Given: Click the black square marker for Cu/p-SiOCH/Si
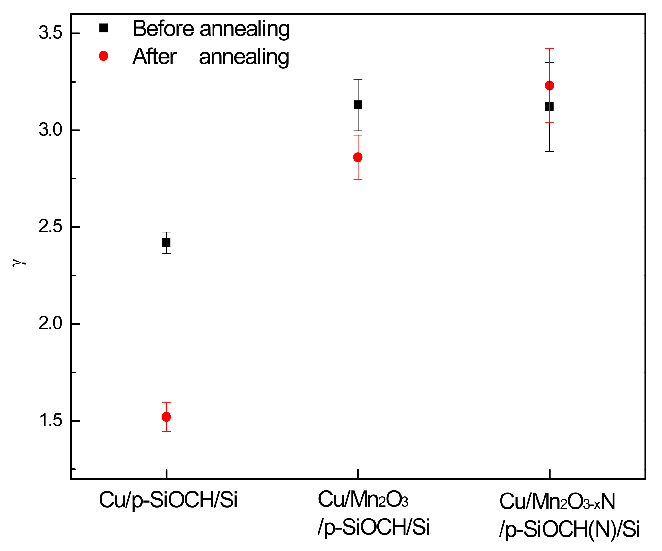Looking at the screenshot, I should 166,242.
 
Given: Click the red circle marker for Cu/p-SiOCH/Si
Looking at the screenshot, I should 166,417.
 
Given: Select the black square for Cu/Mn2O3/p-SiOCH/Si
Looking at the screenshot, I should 358,105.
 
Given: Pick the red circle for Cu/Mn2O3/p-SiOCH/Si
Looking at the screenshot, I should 358,157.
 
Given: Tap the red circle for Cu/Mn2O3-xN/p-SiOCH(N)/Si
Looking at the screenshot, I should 549,85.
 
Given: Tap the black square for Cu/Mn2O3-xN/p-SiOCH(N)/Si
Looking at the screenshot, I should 549,107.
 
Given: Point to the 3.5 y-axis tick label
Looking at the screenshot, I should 50,33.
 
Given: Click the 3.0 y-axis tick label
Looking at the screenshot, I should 50,130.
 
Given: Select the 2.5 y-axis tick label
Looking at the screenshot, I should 50,227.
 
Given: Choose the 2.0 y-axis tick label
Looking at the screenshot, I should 50,323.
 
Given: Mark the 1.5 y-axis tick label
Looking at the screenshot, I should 50,420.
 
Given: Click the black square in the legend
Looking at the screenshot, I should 103,28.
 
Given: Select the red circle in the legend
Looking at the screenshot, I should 103,56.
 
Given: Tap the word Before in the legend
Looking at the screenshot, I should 163,29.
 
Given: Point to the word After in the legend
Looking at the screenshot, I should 154,57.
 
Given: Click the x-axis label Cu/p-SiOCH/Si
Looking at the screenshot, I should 168,500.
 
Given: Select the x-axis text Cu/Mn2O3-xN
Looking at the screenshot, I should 557,502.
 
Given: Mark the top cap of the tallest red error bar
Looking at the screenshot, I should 549,49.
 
